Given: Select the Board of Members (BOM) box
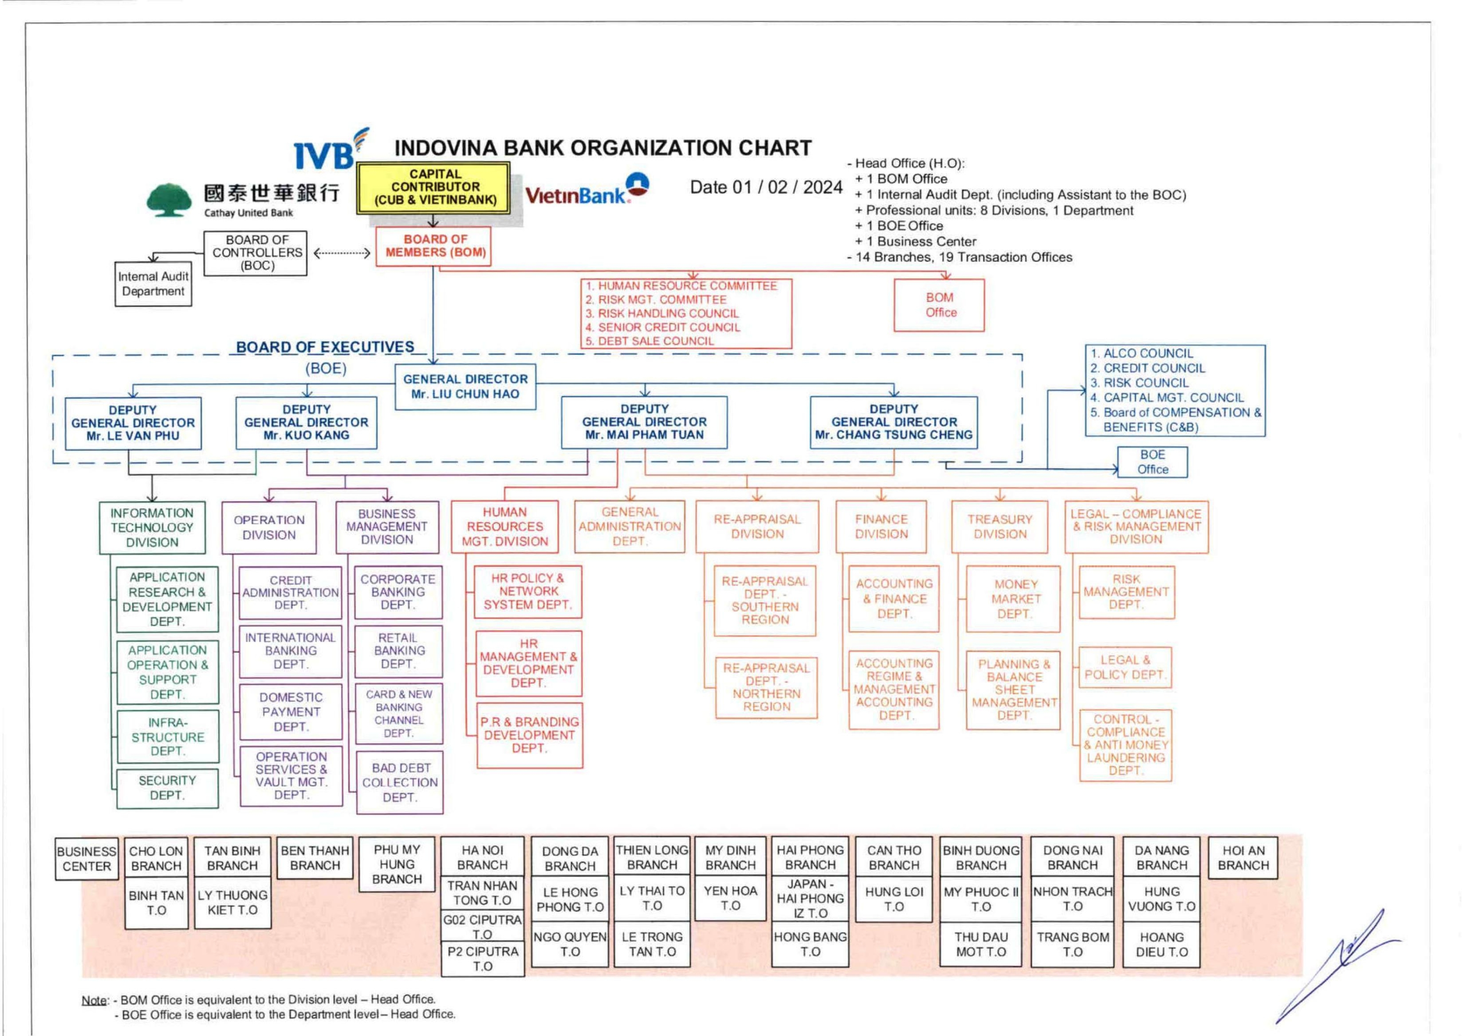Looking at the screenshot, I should pos(435,246).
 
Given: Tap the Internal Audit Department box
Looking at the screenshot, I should pos(153,284).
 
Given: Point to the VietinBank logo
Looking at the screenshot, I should pos(585,190).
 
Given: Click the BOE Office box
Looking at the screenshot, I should pos(1152,462).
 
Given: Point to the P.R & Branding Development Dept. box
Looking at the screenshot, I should pos(529,735).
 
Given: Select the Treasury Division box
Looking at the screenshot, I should pos(999,526).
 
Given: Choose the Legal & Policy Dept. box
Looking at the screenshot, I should pos(1125,667).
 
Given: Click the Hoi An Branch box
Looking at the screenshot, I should pos(1243,858).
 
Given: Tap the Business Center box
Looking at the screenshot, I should pos(87,859).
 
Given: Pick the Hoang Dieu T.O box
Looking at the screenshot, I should pos(1161,944).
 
